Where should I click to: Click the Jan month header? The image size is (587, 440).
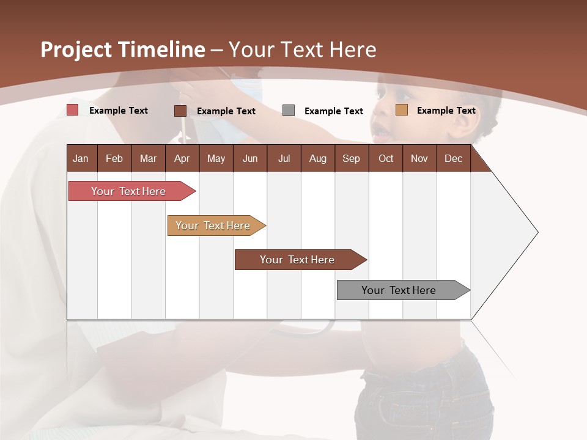(81, 158)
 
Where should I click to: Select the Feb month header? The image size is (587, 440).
(114, 158)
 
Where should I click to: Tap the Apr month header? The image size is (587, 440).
(182, 158)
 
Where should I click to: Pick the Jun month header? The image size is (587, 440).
(250, 158)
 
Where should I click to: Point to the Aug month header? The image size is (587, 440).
(317, 158)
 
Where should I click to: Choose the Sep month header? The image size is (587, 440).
(351, 158)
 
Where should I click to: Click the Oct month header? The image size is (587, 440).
(386, 158)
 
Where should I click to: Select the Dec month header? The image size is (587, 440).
(453, 158)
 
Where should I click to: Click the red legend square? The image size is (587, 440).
(73, 110)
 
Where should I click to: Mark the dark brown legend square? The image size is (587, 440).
(180, 111)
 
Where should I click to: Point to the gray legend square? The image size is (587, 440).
(289, 111)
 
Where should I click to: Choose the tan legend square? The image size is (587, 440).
(401, 110)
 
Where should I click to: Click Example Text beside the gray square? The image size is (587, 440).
(333, 111)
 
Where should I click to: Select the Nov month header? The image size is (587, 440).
(419, 158)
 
